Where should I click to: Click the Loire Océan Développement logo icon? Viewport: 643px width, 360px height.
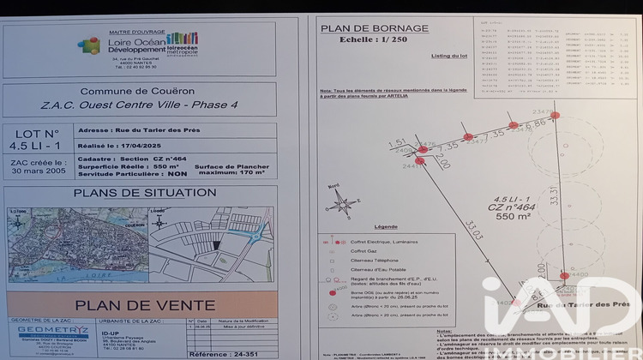[88, 44]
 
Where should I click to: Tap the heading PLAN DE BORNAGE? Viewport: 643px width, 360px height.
[374, 28]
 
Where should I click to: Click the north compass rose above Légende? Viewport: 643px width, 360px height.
[344, 203]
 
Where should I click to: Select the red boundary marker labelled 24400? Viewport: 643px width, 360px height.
[564, 275]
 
